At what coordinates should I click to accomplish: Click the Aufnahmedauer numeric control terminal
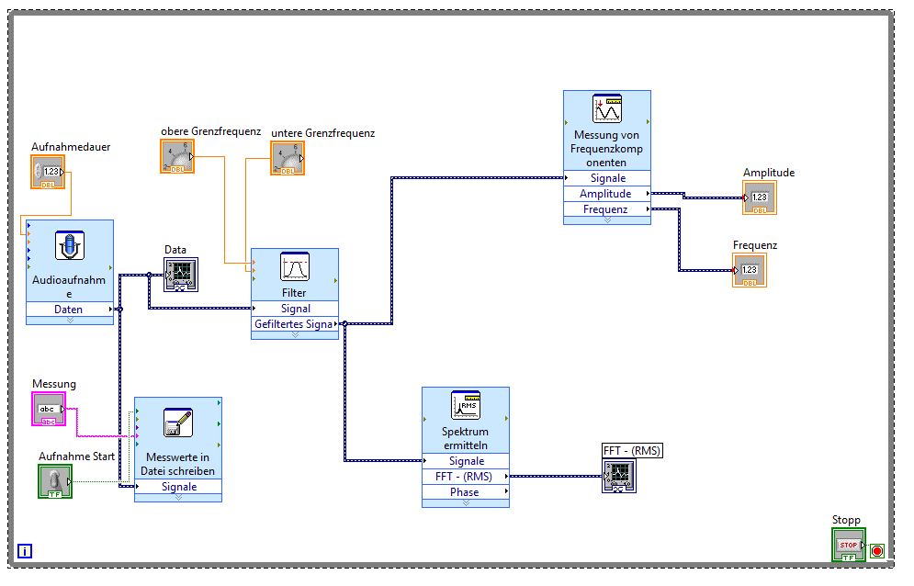(48, 172)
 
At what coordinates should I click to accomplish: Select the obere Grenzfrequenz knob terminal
(177, 156)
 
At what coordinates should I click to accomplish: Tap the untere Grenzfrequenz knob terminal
(288, 158)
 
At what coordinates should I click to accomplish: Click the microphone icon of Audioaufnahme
(70, 248)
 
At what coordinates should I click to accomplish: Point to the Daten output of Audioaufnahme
(69, 310)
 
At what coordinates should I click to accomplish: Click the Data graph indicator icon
(180, 274)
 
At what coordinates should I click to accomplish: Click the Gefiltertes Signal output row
(294, 324)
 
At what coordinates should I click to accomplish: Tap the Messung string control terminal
(49, 410)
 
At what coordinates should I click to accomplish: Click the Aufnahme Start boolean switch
(54, 481)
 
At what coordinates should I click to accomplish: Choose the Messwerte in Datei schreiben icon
(178, 423)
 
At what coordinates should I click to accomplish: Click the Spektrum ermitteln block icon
(466, 406)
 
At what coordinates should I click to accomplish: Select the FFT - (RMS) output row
(465, 477)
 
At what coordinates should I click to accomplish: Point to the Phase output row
(465, 492)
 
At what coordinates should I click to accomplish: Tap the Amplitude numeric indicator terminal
(760, 197)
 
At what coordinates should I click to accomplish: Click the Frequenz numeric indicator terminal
(750, 270)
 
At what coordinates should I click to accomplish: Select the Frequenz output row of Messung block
(606, 209)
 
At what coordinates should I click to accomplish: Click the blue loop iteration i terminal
(25, 551)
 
